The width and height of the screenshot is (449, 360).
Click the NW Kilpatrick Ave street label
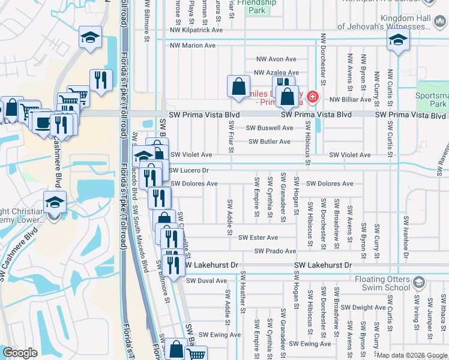[x=196, y=29]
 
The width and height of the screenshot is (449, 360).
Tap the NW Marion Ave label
[x=192, y=45]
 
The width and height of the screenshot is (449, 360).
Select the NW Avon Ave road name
[x=276, y=59]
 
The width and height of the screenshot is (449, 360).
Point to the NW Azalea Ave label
[x=276, y=72]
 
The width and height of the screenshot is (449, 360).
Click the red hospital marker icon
[x=312, y=97]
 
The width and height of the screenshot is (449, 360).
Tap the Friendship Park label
[x=256, y=6]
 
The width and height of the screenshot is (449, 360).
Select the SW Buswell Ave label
[x=270, y=128]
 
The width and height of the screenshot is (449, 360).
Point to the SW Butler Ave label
[x=270, y=142]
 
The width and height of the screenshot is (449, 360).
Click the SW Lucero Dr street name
[x=189, y=170]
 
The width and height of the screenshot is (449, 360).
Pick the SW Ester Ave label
[x=258, y=238]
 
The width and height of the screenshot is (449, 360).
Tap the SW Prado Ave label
[x=275, y=251]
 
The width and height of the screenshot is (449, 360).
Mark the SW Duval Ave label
[x=206, y=280]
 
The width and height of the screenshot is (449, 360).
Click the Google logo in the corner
[x=20, y=353]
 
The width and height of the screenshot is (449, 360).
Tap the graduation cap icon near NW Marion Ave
[x=397, y=40]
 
